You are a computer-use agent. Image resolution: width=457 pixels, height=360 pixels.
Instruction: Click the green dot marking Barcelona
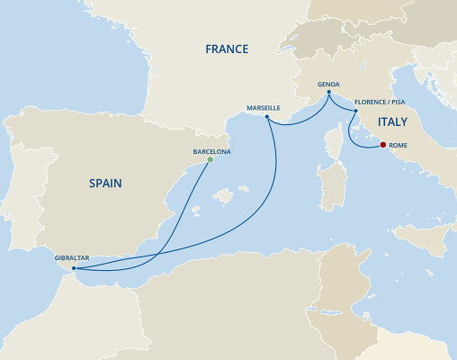[x=210, y=160]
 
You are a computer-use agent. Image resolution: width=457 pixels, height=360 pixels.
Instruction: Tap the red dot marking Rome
[x=382, y=145]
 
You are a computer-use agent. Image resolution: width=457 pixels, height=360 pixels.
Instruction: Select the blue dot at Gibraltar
[x=74, y=268]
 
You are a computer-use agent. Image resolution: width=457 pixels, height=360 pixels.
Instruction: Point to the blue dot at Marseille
[x=268, y=116]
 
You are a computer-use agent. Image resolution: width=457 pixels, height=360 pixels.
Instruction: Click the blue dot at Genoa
[x=328, y=93]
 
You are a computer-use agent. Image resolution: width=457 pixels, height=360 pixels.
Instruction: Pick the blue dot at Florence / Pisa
[x=354, y=112]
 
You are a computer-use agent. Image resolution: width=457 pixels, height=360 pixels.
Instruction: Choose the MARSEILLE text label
[x=264, y=107]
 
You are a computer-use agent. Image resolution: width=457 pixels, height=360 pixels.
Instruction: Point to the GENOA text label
[x=327, y=84]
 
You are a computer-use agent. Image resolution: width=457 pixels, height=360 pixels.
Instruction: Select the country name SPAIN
[x=105, y=184]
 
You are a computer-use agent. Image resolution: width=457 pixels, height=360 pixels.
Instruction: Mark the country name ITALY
[x=392, y=122]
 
